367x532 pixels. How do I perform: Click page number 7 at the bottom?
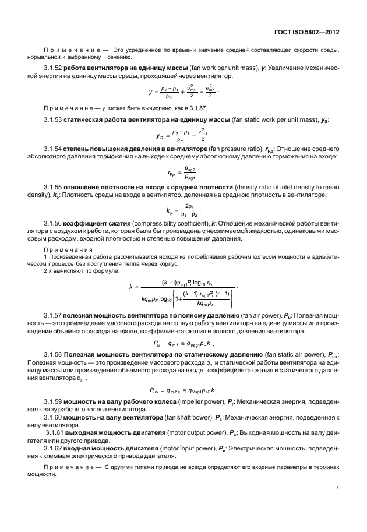click(337, 487)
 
